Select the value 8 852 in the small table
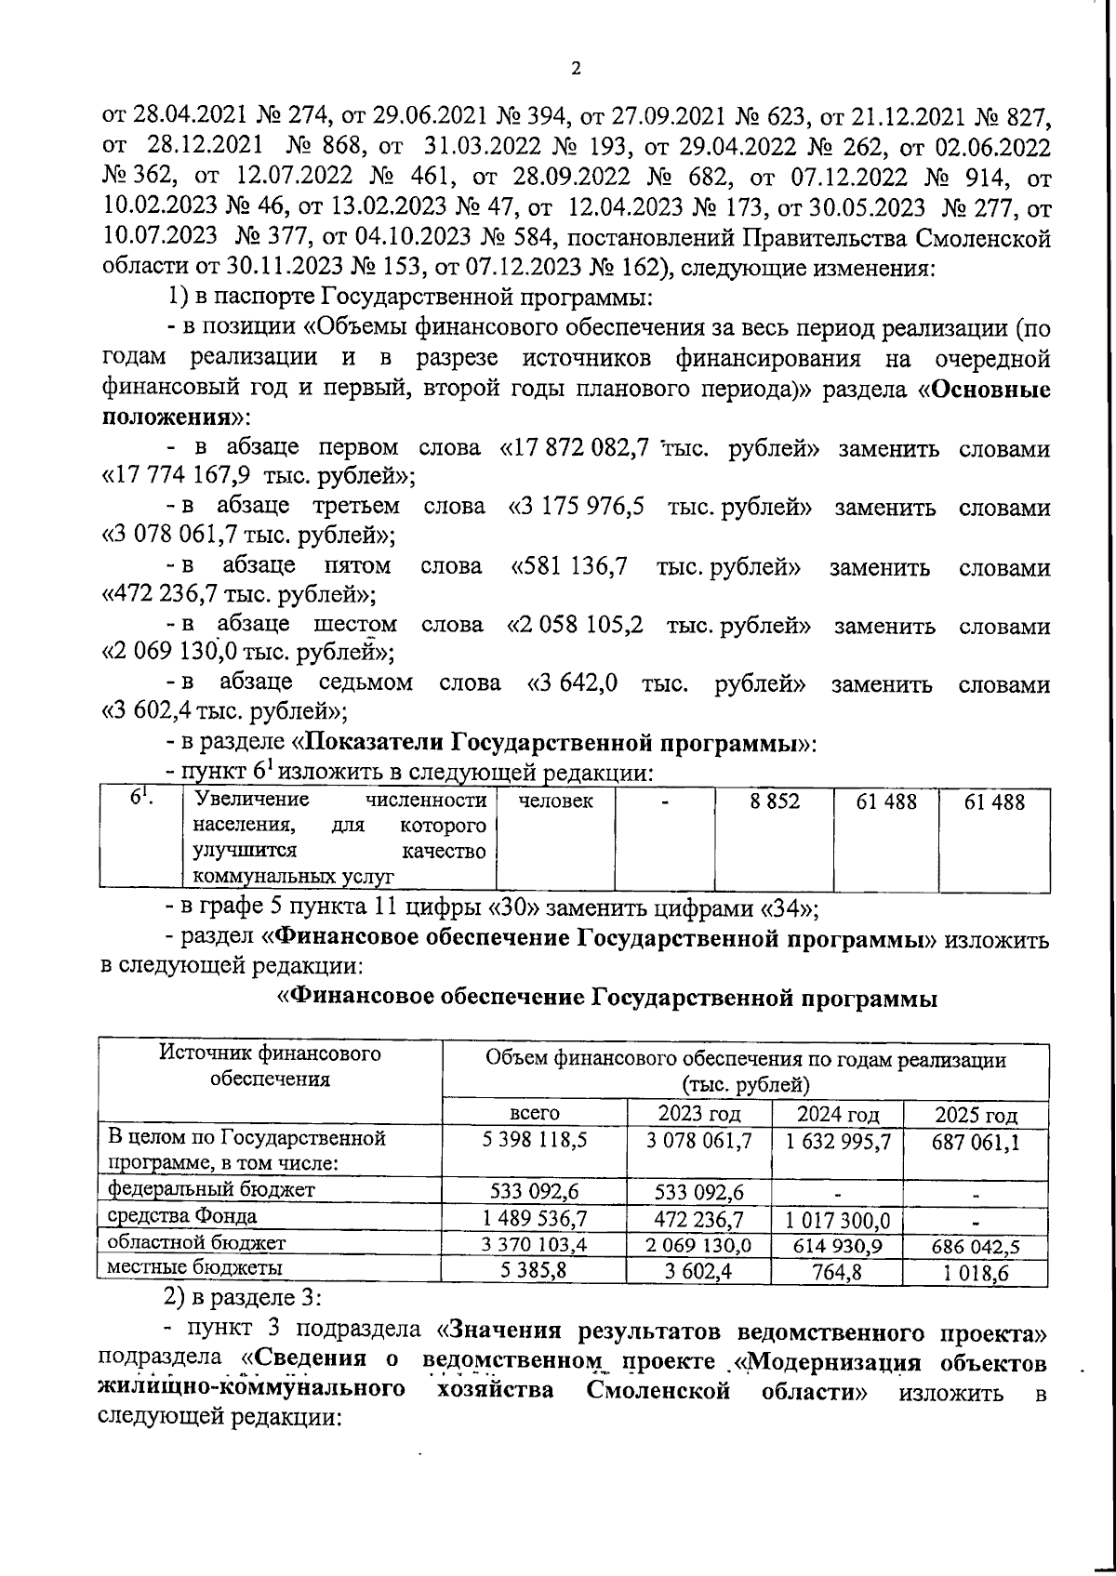click(x=775, y=801)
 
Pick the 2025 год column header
click(x=976, y=1114)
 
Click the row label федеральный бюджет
click(x=212, y=1189)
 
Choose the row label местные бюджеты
click(x=196, y=1267)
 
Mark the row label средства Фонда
click(x=182, y=1216)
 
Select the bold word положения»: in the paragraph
click(x=168, y=417)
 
